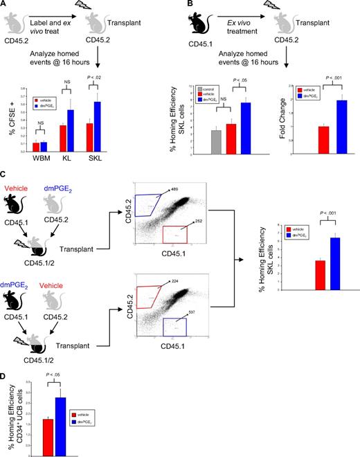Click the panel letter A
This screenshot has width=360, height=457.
coord(5,6)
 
